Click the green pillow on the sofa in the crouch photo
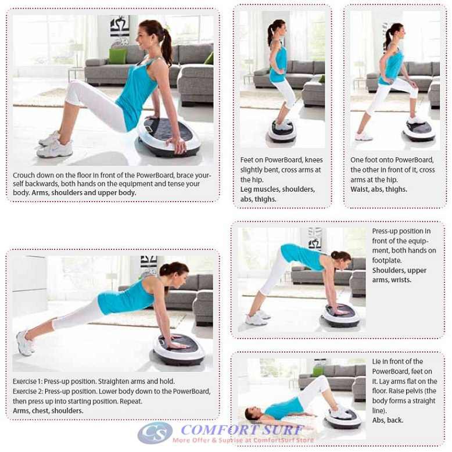117,56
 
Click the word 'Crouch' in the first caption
24,175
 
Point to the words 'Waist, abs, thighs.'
379,189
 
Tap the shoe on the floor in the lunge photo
364,137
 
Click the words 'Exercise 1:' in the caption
27,381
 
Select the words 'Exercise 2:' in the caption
28,392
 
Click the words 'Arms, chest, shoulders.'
48,411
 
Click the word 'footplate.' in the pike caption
387,261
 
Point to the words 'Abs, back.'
388,420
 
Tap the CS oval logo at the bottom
155,432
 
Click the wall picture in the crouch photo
120,26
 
